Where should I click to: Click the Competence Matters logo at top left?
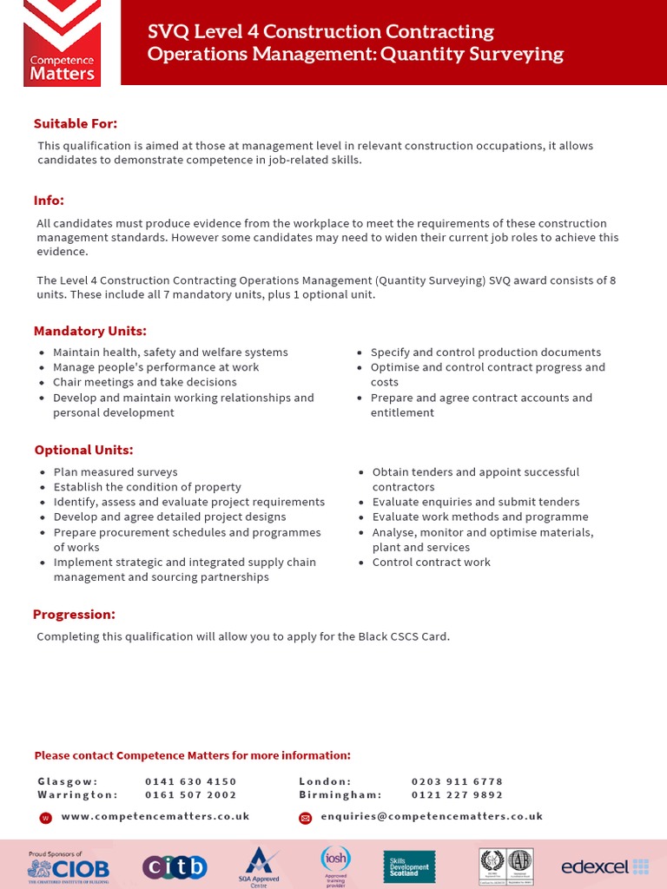[62, 43]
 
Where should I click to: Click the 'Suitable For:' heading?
[76, 123]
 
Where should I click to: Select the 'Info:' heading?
[50, 201]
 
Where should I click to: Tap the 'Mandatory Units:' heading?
[90, 331]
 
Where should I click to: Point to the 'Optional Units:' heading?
[84, 450]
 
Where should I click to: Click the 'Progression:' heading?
[74, 615]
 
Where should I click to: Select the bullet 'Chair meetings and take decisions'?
[132, 382]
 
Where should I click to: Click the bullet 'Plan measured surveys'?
[115, 472]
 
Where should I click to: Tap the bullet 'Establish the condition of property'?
[147, 487]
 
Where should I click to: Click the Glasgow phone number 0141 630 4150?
[191, 781]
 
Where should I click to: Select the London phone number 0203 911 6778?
[457, 781]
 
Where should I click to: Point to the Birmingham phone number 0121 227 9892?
[457, 794]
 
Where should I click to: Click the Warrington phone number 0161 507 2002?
[191, 794]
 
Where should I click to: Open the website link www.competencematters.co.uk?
[155, 816]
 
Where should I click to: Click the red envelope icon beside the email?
[305, 817]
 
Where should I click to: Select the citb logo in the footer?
[175, 866]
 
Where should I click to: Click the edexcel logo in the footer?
[604, 866]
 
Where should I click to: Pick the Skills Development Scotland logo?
[409, 866]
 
